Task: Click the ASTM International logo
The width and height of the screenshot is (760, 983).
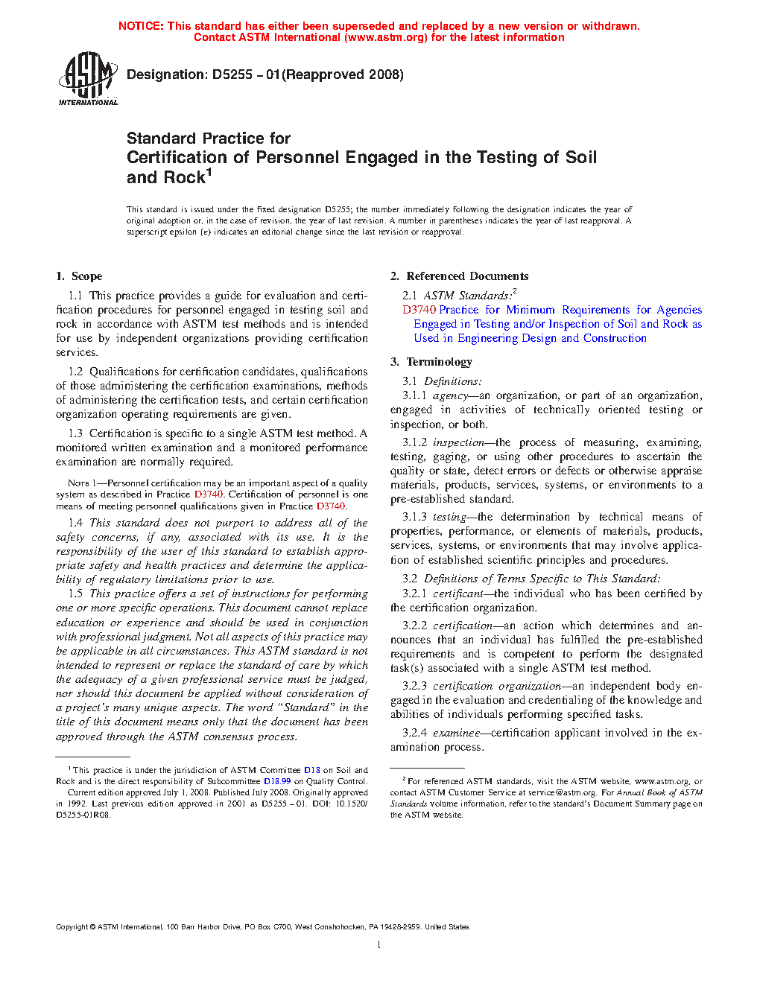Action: pos(87,78)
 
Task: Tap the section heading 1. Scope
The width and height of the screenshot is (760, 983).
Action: pos(79,276)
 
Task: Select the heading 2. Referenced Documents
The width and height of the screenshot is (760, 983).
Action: pos(459,276)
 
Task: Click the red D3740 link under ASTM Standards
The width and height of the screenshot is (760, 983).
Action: pos(419,310)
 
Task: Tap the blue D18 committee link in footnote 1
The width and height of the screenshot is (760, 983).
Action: pos(311,770)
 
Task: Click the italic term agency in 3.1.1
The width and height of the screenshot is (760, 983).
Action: pos(450,395)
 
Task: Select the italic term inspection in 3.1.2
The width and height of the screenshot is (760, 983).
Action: pos(458,442)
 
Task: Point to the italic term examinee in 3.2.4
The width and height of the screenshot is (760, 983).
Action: pos(456,733)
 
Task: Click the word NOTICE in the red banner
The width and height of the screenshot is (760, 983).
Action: pos(140,26)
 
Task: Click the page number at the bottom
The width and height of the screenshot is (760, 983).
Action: pos(379,945)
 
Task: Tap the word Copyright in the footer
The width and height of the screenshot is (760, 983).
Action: pos(72,927)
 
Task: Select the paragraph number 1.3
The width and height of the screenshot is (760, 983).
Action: pos(75,433)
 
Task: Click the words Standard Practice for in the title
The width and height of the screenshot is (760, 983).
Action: pos(208,139)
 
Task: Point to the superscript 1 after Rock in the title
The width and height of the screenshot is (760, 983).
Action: pos(209,173)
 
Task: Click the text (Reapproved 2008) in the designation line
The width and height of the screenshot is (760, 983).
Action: pos(344,74)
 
